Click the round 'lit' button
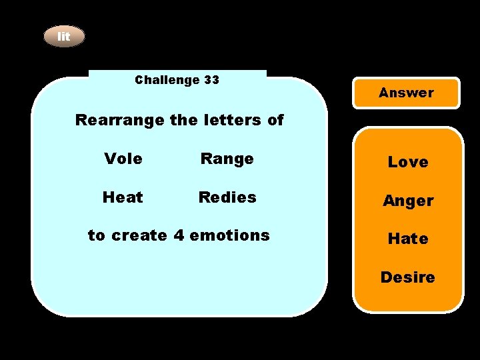64,37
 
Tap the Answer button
406,93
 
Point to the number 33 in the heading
211,80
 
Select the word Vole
123,159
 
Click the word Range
227,159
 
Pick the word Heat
123,197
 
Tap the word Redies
227,197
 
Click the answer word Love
408,162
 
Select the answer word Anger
408,201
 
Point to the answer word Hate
408,239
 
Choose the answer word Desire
408,277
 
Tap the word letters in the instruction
228,121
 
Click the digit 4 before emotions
177,235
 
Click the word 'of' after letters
275,121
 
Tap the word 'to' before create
97,235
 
